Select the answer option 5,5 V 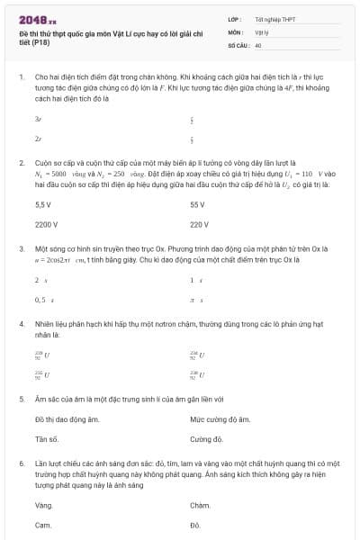pos(43,205)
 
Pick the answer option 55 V pos(198,205)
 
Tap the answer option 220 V pos(200,224)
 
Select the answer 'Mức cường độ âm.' pos(220,419)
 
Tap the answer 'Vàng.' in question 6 pos(44,505)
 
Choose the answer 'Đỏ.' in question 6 pos(195,524)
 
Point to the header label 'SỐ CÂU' pos(238,44)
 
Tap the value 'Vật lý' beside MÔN pos(263,31)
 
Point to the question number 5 pos(22,398)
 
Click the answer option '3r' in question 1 pos(38,119)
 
